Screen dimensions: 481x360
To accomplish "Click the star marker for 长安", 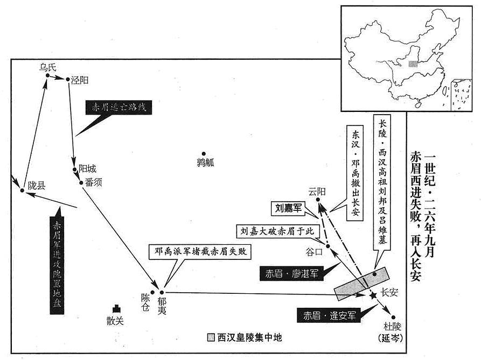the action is (373, 295).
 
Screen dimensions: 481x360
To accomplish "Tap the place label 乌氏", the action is (47, 67).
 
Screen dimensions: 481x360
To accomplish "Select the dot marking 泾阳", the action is (68, 79).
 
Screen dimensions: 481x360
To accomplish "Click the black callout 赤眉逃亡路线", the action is (118, 108).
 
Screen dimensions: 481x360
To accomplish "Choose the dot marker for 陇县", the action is (22, 190).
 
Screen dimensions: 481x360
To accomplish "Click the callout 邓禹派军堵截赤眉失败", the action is (200, 252).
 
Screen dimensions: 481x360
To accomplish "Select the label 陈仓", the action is (146, 302).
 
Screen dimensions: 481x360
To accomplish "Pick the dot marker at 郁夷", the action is (162, 293).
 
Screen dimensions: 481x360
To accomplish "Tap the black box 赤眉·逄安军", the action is (329, 315).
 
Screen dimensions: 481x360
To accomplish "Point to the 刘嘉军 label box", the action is (288, 208).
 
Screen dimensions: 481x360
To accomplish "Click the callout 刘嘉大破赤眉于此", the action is (277, 231).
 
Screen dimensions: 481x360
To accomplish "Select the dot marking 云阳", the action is (318, 200).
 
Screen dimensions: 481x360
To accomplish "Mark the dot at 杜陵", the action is (393, 317).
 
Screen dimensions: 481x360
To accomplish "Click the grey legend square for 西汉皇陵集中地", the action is (211, 337).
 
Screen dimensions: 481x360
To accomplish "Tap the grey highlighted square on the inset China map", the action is (413, 63).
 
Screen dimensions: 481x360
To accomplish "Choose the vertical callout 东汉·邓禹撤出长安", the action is (355, 173).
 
